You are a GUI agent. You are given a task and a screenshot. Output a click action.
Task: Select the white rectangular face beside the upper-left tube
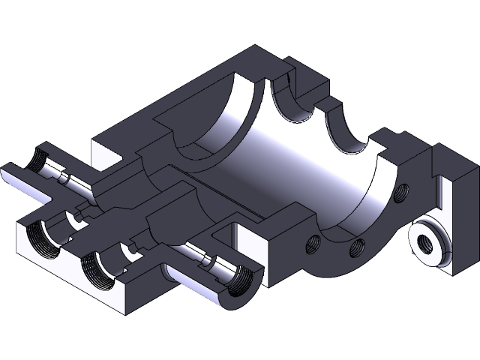[105, 153]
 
